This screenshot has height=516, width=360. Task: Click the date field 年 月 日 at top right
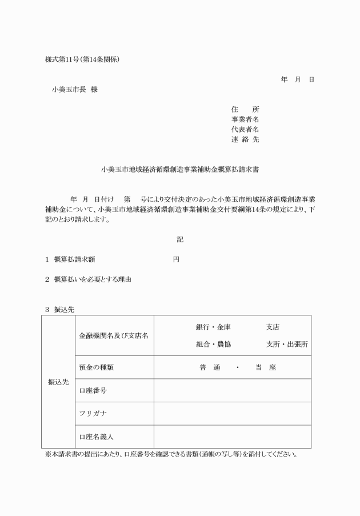tap(297, 79)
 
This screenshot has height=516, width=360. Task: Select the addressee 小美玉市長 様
tap(74, 90)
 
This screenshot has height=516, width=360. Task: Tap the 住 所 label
tap(245, 109)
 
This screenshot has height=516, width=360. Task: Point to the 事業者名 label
tap(245, 119)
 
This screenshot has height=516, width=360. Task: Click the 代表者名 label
tap(245, 129)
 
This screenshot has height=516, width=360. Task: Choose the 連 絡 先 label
tap(245, 139)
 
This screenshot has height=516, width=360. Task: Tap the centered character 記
tap(180, 239)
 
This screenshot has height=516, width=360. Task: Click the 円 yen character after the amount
tap(176, 259)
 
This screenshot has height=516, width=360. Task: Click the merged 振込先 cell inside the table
tap(58, 381)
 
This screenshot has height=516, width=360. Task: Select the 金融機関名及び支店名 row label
tap(113, 335)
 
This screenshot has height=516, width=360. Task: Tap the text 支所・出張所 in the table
tap(287, 345)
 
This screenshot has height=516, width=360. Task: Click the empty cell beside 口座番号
tap(232, 390)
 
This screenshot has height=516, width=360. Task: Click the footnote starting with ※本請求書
tap(171, 455)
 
